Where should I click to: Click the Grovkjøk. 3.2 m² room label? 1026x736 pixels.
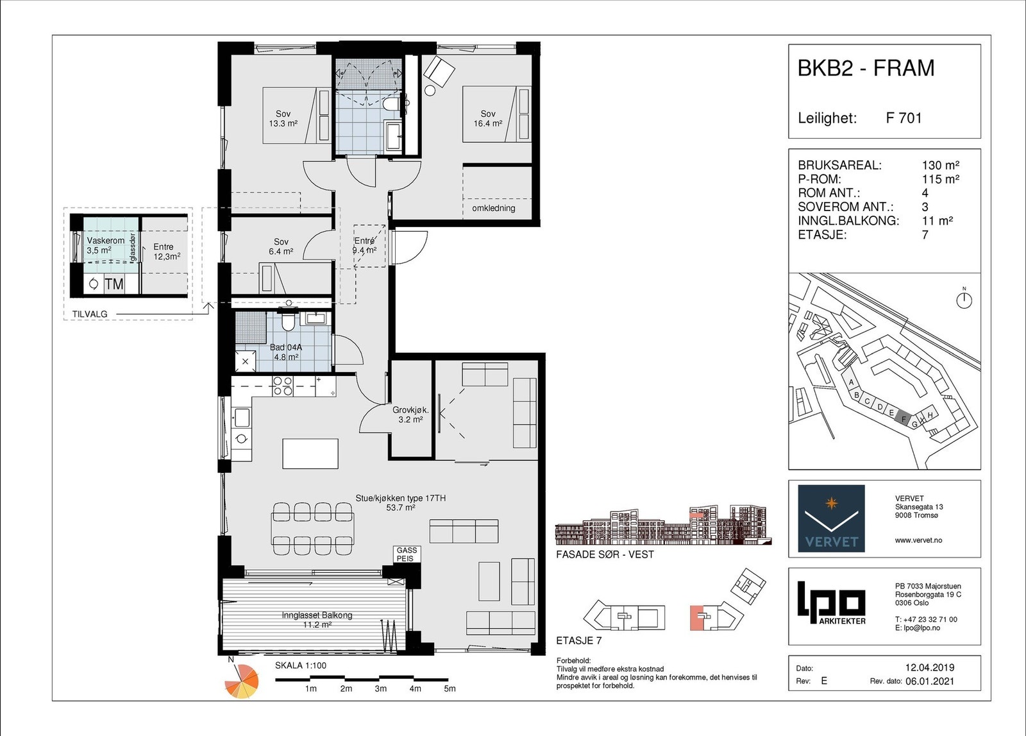tap(410, 415)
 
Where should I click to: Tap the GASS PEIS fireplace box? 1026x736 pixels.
tap(407, 554)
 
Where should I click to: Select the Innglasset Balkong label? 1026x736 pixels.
tap(317, 619)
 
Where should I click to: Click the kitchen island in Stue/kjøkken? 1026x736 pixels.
tap(310, 453)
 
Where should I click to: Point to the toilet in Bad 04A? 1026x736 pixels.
tap(288, 321)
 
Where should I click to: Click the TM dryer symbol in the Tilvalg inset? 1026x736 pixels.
tap(114, 284)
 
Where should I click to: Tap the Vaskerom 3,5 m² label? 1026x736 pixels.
tap(105, 245)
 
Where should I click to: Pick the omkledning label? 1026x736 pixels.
tap(493, 208)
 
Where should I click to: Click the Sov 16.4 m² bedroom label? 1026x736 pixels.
tap(488, 118)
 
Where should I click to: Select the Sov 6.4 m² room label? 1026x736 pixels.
tap(281, 246)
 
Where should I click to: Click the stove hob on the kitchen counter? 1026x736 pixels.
tap(283, 386)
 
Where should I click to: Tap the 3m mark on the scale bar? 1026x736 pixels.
tap(381, 689)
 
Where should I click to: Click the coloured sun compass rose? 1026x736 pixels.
tap(242, 681)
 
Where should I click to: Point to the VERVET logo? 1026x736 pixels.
tap(831, 518)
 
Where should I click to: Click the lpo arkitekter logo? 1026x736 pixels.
tap(831, 603)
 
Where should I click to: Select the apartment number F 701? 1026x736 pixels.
tap(904, 118)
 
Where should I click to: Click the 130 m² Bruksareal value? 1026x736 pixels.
tap(940, 165)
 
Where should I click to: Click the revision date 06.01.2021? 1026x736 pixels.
tap(930, 681)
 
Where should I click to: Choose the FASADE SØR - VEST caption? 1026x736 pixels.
tap(605, 554)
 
